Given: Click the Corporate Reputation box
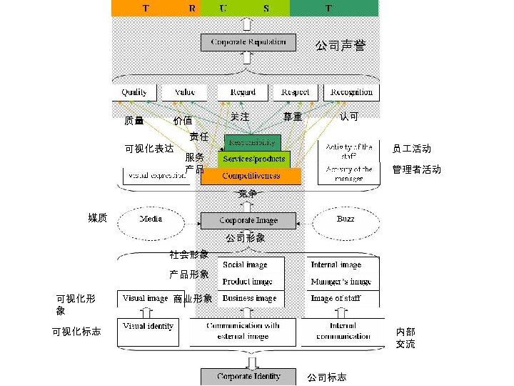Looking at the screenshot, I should [x=248, y=42].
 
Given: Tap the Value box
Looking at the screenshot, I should [x=184, y=92].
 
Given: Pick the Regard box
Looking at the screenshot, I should [x=242, y=92].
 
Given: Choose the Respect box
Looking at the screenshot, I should [x=295, y=92].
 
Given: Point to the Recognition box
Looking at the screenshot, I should [x=351, y=92].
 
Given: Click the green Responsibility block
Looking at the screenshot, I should [x=253, y=142].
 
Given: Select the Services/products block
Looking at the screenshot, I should [x=254, y=158].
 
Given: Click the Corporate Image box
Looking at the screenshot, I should [x=248, y=220].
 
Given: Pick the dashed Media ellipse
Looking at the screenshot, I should [x=149, y=219].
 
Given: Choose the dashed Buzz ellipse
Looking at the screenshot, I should [x=346, y=219].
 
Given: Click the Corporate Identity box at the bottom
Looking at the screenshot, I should [x=248, y=376].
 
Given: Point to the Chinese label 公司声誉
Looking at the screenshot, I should [x=341, y=46].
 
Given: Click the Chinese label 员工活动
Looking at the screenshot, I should [x=411, y=149].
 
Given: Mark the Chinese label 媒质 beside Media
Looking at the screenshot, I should [x=97, y=217].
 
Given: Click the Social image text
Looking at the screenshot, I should [x=245, y=265].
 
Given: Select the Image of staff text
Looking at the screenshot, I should [x=336, y=299].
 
